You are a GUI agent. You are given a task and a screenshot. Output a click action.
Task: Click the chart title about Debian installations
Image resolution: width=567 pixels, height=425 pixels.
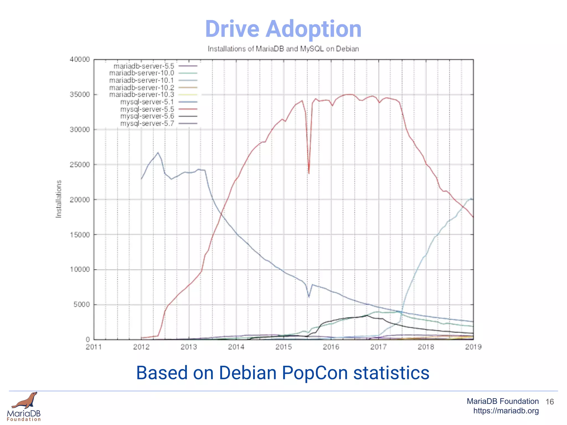(283, 49)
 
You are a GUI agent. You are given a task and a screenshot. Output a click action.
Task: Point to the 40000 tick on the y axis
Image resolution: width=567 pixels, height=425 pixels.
(80, 59)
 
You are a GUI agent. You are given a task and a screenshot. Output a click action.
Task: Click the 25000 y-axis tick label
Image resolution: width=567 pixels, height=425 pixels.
(80, 165)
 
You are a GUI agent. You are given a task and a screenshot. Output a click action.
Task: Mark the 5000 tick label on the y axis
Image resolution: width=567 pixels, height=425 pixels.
(82, 305)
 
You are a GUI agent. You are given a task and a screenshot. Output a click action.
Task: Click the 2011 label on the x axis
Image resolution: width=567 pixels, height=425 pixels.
(94, 347)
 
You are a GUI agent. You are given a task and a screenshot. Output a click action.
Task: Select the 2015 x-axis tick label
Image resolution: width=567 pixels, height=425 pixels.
(283, 347)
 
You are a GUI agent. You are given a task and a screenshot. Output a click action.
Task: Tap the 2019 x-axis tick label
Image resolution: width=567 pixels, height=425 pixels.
(473, 347)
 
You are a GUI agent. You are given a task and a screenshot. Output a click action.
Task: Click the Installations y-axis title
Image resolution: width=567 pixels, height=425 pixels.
(58, 199)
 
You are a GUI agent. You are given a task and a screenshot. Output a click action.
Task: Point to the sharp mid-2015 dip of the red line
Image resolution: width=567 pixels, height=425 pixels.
(309, 173)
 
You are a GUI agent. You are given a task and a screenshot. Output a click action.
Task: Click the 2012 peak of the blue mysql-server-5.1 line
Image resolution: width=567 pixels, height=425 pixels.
(158, 152)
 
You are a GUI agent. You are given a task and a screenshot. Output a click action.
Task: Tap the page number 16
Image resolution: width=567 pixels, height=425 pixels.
(550, 402)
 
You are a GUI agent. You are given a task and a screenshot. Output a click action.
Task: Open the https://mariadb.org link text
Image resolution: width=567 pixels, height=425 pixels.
(506, 411)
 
